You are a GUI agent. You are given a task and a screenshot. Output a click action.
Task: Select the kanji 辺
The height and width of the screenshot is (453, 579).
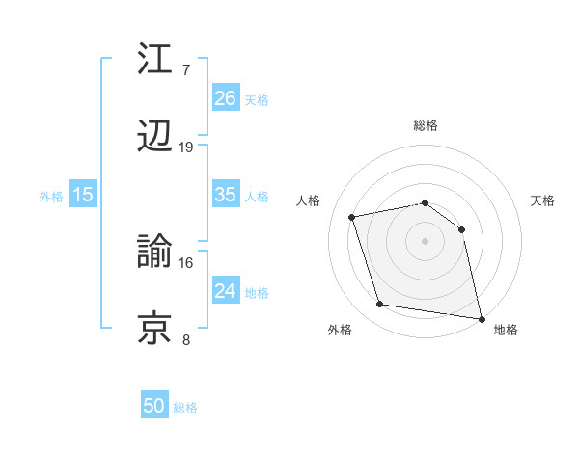[156, 137]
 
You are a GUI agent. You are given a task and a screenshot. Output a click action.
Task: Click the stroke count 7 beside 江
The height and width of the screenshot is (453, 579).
[186, 70]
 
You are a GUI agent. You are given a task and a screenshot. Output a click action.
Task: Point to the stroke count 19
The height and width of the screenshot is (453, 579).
[186, 147]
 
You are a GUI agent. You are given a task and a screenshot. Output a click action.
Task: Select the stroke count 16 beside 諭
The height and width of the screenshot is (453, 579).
[186, 262]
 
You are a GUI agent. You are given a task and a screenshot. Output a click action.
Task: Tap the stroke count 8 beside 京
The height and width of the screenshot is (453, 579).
[186, 339]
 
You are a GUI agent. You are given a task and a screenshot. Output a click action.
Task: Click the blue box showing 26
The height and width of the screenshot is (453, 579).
[225, 98]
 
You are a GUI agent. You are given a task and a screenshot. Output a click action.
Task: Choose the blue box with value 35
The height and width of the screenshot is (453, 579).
[225, 195]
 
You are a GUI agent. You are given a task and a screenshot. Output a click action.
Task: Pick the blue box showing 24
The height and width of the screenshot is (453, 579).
[225, 291]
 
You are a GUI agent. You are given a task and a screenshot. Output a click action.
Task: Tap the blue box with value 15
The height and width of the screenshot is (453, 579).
[83, 195]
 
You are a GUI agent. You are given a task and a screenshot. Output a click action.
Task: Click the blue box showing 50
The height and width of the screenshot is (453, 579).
[154, 406]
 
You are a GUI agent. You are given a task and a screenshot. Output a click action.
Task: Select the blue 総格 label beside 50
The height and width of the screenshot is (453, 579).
[185, 408]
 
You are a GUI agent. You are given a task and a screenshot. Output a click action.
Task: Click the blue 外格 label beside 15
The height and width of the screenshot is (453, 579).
[51, 197]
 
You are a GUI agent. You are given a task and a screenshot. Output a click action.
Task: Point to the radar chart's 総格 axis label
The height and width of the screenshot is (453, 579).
[425, 125]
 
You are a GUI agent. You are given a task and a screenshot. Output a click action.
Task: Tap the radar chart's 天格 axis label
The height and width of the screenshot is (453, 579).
[542, 200]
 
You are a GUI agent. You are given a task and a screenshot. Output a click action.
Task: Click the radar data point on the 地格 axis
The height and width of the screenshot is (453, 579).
[480, 317]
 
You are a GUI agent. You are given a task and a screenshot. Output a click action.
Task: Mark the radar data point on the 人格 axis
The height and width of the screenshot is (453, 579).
[353, 217]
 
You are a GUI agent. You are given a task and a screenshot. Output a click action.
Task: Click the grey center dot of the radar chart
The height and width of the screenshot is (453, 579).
[425, 241]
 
